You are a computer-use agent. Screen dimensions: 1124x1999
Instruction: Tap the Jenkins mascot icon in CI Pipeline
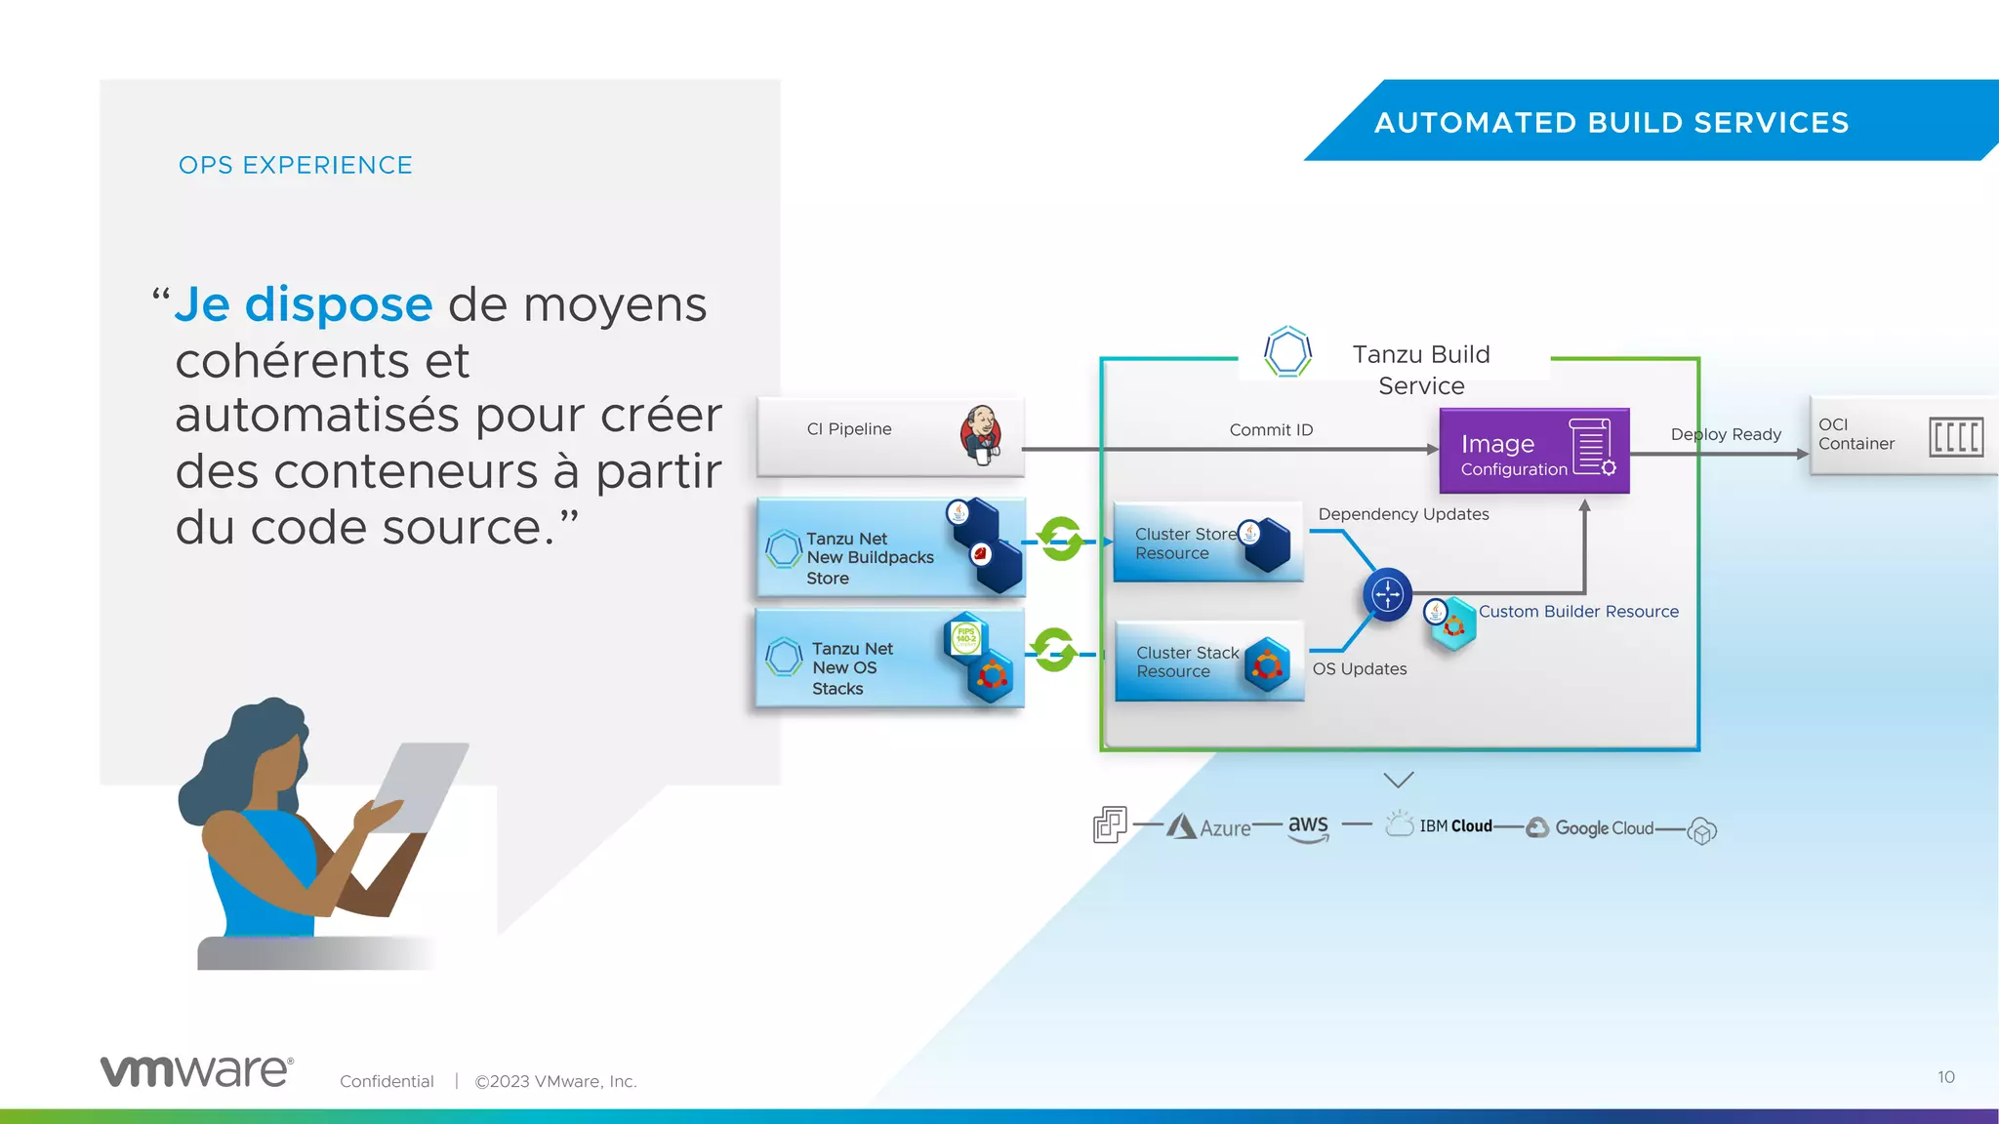tap(982, 434)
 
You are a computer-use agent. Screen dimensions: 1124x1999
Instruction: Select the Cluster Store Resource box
tap(1207, 543)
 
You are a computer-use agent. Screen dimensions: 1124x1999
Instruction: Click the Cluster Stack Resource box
tap(1208, 662)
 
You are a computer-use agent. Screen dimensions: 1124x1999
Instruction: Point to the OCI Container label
tap(1856, 434)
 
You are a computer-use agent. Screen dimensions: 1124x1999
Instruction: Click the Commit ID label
tap(1271, 430)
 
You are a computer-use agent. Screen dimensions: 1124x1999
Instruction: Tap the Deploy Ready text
tap(1726, 434)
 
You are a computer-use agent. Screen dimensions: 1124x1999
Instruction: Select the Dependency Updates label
tap(1403, 514)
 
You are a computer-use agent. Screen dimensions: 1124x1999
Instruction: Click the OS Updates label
tap(1360, 669)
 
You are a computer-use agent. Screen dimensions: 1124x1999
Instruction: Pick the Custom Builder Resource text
tap(1578, 612)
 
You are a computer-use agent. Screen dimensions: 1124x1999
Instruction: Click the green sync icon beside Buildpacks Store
tap(1060, 539)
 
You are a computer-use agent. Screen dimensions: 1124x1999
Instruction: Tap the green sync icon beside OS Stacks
tap(1054, 650)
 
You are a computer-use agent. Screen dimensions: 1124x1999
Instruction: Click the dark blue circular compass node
tap(1387, 594)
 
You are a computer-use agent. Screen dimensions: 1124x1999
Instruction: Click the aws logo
tap(1308, 826)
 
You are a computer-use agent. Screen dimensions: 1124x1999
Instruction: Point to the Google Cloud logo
tap(1590, 827)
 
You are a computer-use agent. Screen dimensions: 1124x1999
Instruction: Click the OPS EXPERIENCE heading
tap(295, 166)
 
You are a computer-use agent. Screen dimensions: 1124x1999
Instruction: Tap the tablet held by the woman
tap(421, 785)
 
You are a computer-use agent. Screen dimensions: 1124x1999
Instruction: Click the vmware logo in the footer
tap(196, 1071)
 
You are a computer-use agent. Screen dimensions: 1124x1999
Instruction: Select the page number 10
tap(1945, 1077)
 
